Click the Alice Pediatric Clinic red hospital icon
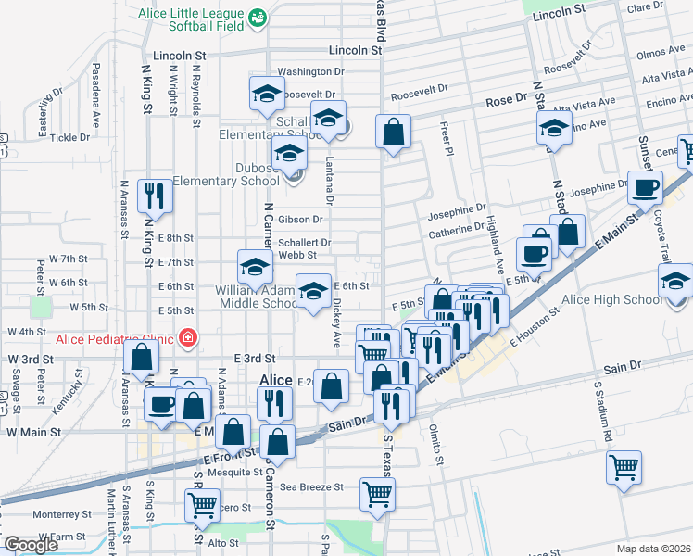189,337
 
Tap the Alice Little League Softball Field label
191,19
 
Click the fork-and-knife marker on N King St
153,196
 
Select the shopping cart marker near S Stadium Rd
624,466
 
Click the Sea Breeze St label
312,486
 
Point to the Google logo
30,545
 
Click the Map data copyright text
654,549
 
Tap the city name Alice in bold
275,380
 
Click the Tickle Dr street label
70,137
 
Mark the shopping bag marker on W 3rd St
141,357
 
